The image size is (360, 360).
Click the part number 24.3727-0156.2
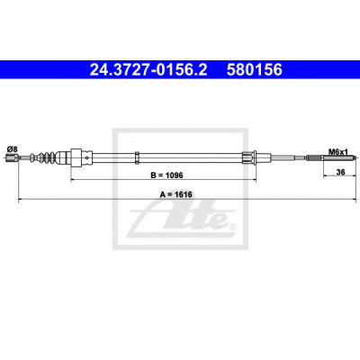tap(148, 70)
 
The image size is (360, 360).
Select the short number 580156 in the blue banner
tap(255, 70)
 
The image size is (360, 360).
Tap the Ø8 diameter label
tap(13, 148)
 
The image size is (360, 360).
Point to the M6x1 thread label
tap(337, 152)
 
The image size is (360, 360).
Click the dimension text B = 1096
tap(166, 175)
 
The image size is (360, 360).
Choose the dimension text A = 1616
tap(176, 194)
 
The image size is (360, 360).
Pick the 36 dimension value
tap(340, 172)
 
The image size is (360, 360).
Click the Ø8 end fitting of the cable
tap(12, 157)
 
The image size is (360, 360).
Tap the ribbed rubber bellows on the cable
tap(45, 157)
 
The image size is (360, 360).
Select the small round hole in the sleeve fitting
tap(87, 157)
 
